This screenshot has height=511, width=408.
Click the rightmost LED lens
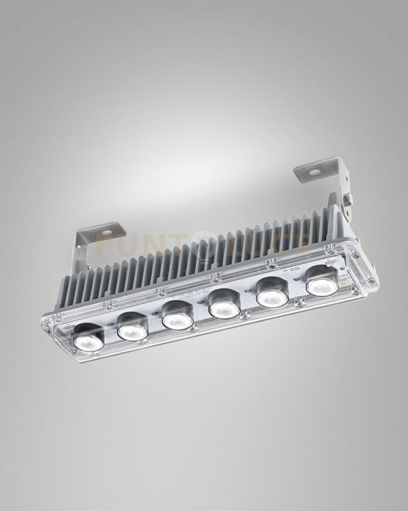tap(320, 284)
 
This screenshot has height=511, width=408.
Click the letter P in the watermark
tap(105, 244)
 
